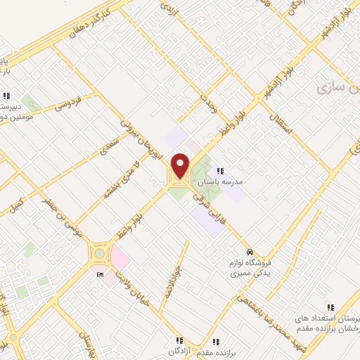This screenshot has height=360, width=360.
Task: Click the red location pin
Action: pyautogui.click(x=181, y=166)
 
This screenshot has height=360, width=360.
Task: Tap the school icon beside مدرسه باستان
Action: pyautogui.click(x=220, y=171)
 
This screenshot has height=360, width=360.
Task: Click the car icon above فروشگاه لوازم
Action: pyautogui.click(x=249, y=251)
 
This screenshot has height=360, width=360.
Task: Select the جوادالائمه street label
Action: pyautogui.click(x=175, y=282)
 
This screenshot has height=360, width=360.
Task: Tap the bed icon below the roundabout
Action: pyautogui.click(x=99, y=274)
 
